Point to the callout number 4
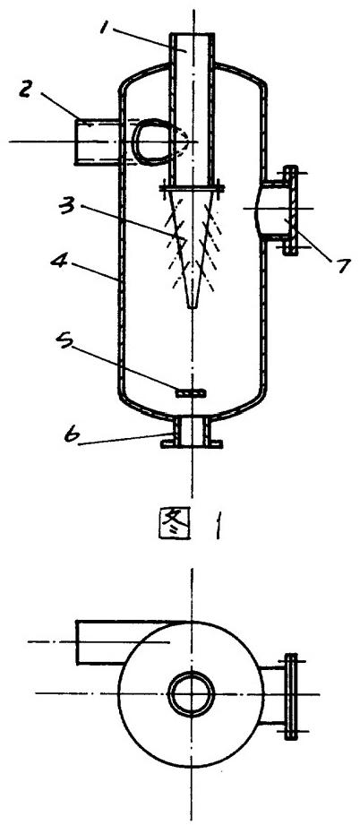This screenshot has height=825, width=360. (58, 259)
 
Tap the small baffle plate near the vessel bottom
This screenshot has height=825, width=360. (192, 393)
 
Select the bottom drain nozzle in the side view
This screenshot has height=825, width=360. (192, 432)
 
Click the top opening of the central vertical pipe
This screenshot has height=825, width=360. (192, 34)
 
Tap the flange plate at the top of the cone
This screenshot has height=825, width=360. (192, 186)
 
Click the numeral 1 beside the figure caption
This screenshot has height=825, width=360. (217, 525)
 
